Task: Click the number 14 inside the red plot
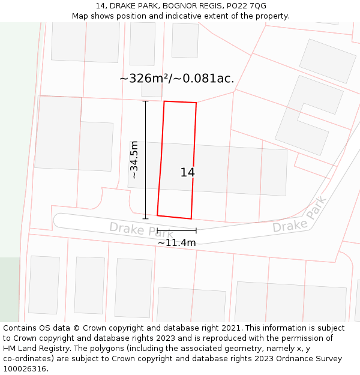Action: coord(187,173)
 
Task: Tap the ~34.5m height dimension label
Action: coord(134,160)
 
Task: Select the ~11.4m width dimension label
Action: coord(176,243)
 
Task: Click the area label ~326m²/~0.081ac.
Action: coord(176,79)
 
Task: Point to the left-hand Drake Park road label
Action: coord(141,230)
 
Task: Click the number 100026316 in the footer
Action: coord(25,369)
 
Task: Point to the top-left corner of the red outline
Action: coord(164,101)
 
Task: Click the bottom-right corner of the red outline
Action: coord(191,218)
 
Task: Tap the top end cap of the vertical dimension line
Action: coord(145,101)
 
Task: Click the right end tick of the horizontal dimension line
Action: coord(196,230)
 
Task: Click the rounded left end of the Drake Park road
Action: coord(58,220)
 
